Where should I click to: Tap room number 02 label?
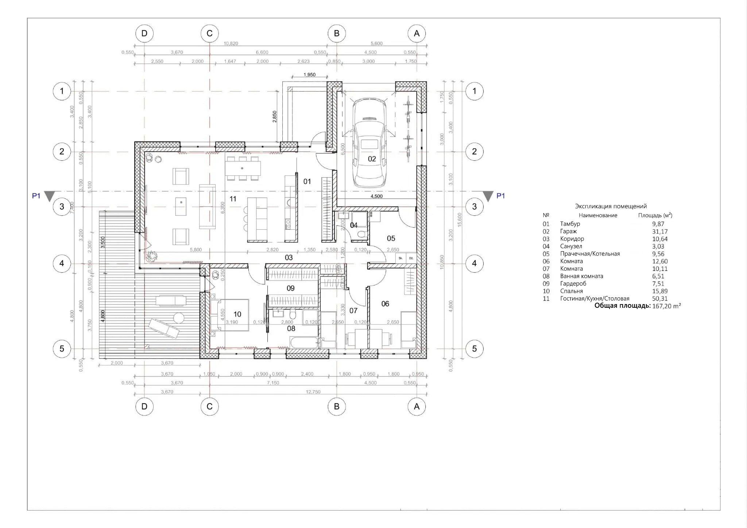pyautogui.click(x=372, y=159)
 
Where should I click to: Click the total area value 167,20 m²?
pyautogui.click(x=666, y=306)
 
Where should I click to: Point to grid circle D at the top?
pyautogui.click(x=144, y=34)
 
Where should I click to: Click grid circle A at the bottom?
pyautogui.click(x=417, y=407)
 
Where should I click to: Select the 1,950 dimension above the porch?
pyautogui.click(x=309, y=75)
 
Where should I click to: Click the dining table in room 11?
pyautogui.click(x=243, y=168)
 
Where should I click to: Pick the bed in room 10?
pyautogui.click(x=230, y=315)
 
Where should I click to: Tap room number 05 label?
pyautogui.click(x=391, y=238)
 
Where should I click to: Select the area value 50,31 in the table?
pyautogui.click(x=660, y=299)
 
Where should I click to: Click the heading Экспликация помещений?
pyautogui.click(x=611, y=206)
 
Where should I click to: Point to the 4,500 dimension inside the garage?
pyautogui.click(x=376, y=196)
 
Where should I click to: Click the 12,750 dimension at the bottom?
pyautogui.click(x=313, y=392)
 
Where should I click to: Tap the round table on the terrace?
pyautogui.click(x=179, y=318)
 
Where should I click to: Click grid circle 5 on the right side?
pyautogui.click(x=474, y=349)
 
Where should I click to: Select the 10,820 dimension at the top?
pyautogui.click(x=231, y=43)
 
